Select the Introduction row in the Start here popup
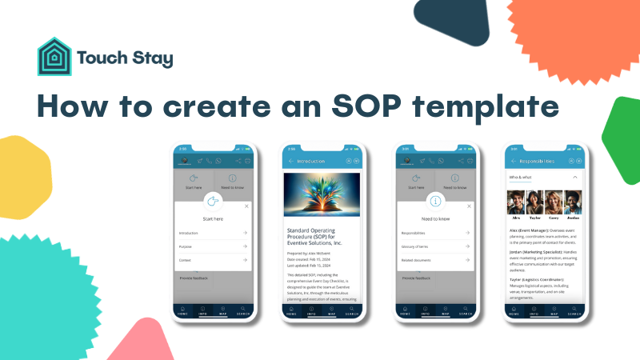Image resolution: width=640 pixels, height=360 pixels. (x=213, y=233)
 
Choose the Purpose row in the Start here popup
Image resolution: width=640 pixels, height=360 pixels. (x=213, y=246)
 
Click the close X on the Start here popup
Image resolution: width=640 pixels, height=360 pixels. (x=246, y=206)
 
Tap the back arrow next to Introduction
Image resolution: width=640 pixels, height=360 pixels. (x=291, y=161)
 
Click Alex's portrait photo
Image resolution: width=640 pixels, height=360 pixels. (x=518, y=202)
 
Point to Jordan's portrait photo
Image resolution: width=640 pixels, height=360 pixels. (x=572, y=202)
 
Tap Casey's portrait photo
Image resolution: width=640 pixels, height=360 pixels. (x=554, y=202)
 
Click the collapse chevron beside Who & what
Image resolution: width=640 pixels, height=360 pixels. (x=574, y=176)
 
